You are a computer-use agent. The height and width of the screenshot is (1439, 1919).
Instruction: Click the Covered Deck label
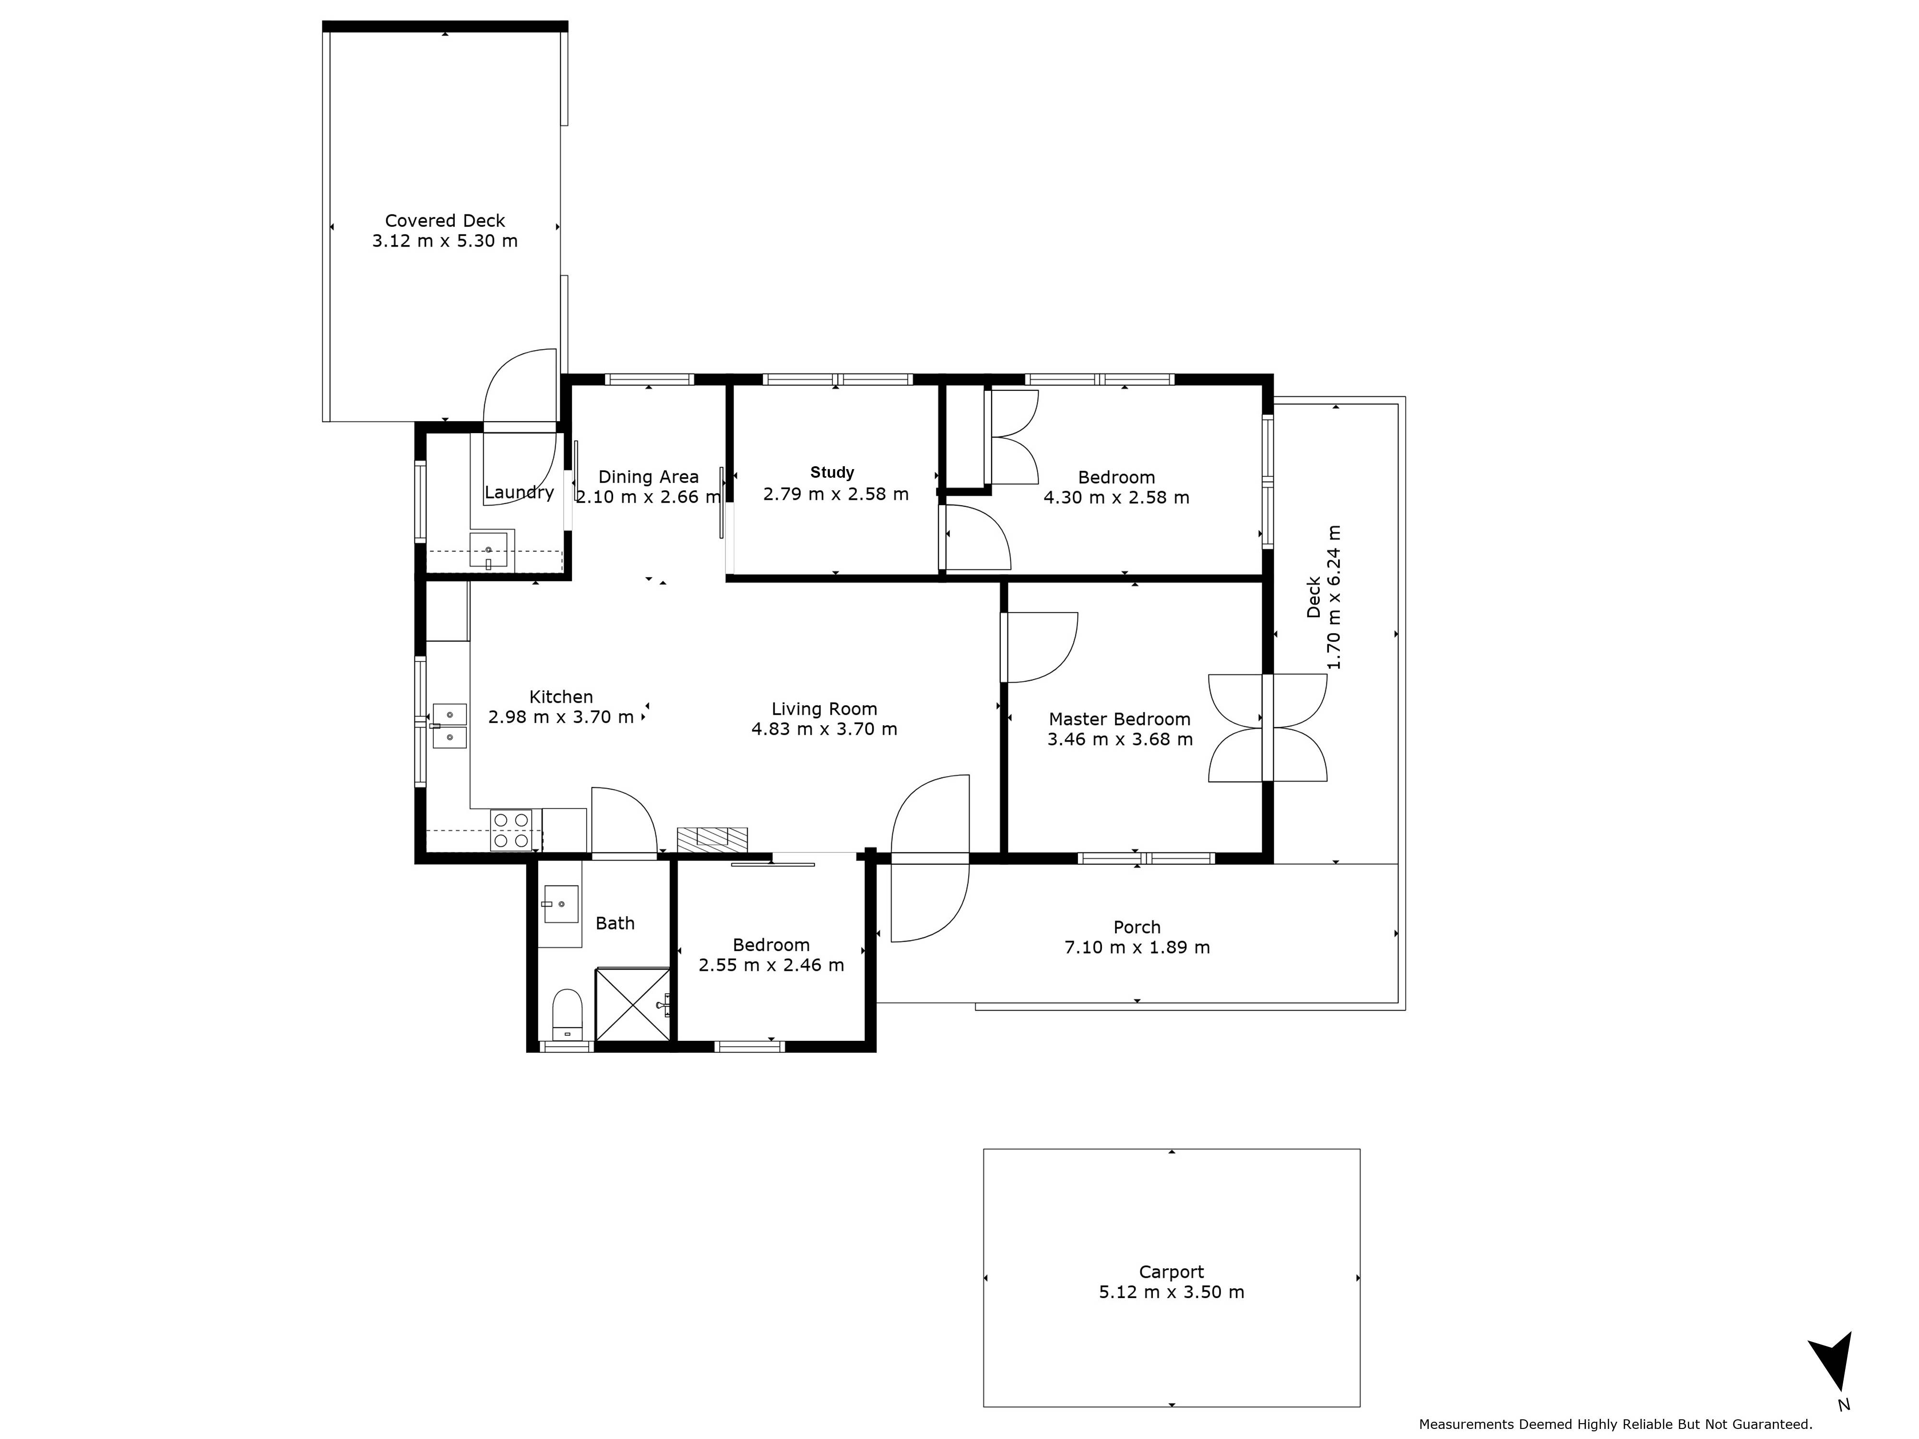(x=445, y=221)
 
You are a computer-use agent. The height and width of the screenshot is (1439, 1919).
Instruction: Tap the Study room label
(x=832, y=473)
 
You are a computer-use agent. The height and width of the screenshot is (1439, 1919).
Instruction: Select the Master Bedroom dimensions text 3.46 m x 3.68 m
(x=1120, y=740)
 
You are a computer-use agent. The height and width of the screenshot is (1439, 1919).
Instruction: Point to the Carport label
(x=1171, y=1272)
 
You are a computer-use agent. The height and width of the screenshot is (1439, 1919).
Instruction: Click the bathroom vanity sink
(x=560, y=904)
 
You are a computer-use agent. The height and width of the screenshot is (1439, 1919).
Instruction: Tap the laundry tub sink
(x=488, y=550)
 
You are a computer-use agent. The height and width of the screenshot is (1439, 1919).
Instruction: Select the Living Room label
(x=824, y=709)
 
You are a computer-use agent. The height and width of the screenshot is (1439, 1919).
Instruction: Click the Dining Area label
(x=648, y=477)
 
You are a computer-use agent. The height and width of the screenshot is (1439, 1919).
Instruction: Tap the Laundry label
(x=519, y=493)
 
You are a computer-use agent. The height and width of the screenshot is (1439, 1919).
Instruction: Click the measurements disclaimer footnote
(x=1615, y=1424)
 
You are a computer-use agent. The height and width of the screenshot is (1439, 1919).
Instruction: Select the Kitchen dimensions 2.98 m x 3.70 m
(x=561, y=717)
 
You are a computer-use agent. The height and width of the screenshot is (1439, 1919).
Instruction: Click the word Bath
(x=615, y=924)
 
